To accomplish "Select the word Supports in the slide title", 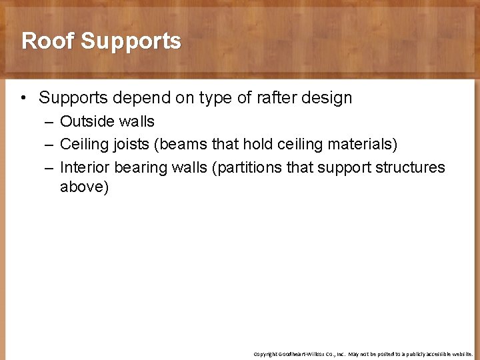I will click(x=131, y=41).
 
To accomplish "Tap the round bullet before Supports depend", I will click(x=23, y=98).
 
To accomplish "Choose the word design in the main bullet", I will click(x=322, y=98).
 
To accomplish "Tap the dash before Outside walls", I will click(x=47, y=121).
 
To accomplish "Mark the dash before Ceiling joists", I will click(x=47, y=144).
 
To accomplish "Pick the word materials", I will click(x=358, y=144).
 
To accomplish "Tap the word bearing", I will click(x=141, y=167).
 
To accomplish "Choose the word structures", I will click(x=409, y=167).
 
